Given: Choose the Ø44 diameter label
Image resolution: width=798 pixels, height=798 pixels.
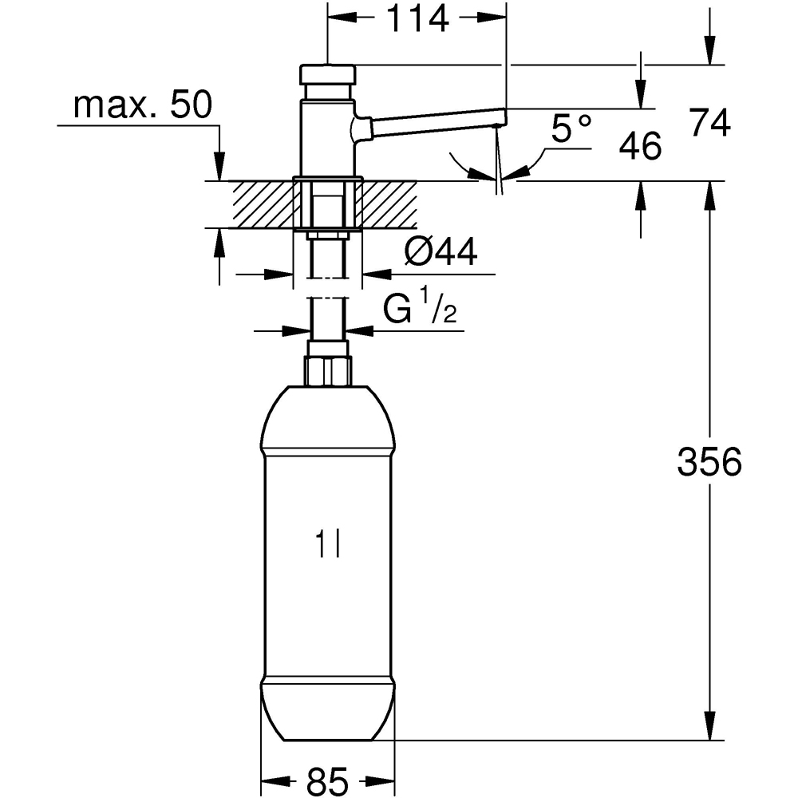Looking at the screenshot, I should pos(440,254).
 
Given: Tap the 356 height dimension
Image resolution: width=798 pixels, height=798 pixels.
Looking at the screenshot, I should pos(709,462).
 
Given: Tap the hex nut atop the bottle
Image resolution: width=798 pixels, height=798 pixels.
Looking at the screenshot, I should pos(327,370).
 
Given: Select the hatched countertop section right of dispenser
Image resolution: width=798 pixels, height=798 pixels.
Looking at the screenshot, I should pos(391,203).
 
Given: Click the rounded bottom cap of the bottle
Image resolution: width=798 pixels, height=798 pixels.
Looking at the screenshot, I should pos(326,710).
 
